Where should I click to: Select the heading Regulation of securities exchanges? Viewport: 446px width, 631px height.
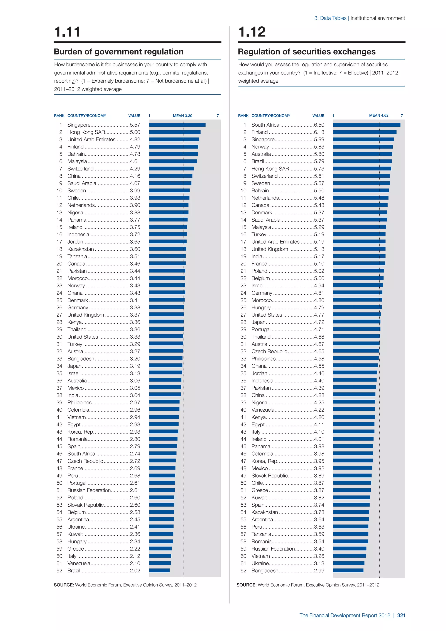coord(306,52)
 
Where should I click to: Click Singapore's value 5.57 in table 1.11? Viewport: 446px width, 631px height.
coord(135,125)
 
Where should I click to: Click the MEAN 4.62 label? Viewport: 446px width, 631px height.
coord(378,115)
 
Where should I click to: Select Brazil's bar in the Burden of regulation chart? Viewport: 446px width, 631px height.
coord(159,571)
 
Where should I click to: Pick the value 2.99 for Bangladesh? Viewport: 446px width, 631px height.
coord(319,571)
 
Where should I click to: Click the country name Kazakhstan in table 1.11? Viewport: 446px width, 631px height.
coord(80,249)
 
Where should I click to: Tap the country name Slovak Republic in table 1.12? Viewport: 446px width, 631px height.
coord(269,476)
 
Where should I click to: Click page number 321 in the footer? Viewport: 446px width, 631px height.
coord(401,615)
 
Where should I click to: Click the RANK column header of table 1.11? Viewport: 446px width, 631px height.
coord(59,116)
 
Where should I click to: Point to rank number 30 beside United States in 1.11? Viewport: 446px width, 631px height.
coord(59,337)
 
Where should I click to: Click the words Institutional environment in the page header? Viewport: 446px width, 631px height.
coord(378,18)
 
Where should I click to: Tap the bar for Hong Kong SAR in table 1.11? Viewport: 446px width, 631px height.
coord(175,132)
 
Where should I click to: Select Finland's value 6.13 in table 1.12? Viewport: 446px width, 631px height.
coord(319,132)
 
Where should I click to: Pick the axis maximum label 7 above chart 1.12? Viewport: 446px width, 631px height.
coord(402,116)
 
